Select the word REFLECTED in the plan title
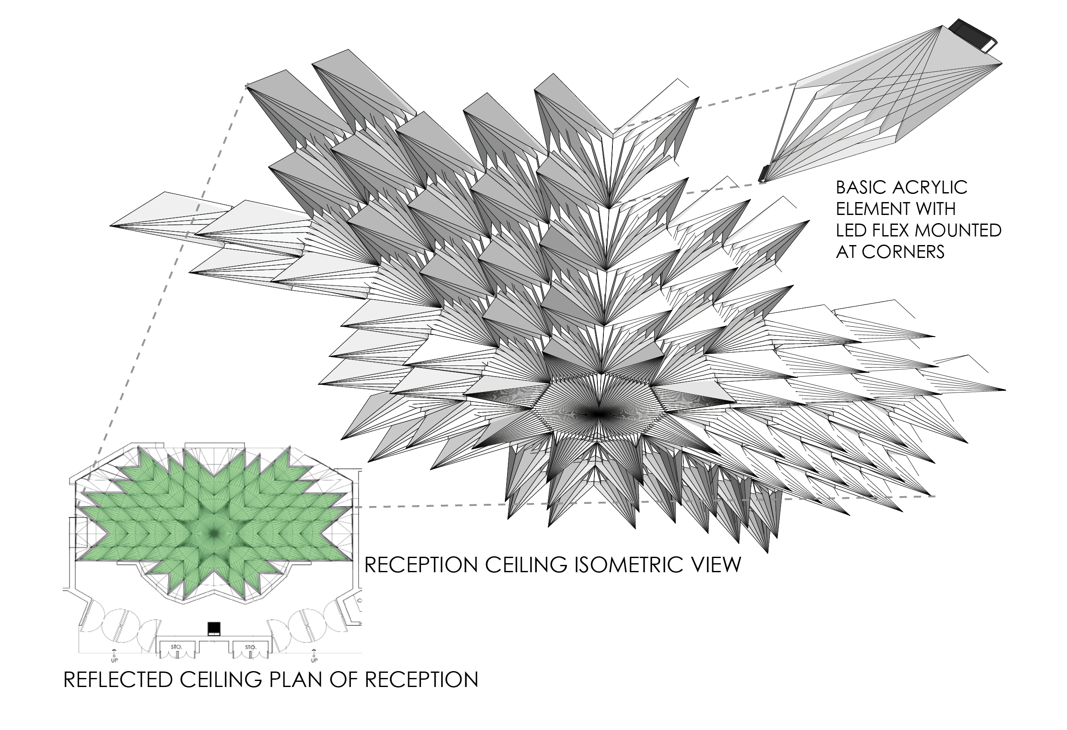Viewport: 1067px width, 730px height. (118, 680)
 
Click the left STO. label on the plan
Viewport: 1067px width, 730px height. (176, 647)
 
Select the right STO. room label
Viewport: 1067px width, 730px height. (250, 647)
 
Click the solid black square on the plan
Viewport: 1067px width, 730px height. (214, 627)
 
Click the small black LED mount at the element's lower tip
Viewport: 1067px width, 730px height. (763, 173)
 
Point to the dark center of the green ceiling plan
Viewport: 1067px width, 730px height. (214, 533)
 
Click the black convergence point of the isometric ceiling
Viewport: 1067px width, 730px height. (597, 414)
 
